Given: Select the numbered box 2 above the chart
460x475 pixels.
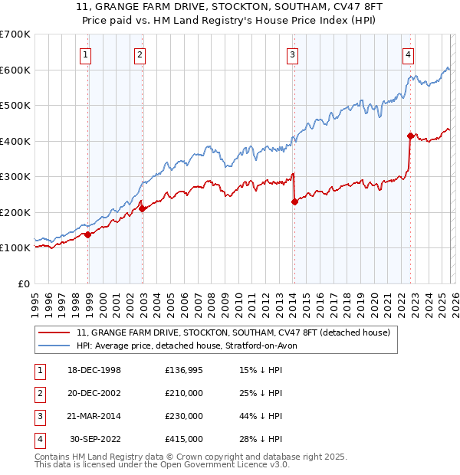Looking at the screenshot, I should pos(140,54).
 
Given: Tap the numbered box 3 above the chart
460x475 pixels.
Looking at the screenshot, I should pos(292,54).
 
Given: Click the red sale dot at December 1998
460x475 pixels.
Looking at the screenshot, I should pos(88,235).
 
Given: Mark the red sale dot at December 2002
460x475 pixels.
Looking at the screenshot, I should pos(143,209).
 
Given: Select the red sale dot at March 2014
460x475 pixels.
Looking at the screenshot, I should pos(294,202).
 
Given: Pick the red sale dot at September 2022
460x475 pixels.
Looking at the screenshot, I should pos(410,136).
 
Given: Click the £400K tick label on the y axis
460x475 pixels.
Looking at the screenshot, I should pos(15,141).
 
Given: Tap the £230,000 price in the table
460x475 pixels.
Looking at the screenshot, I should pos(184,416).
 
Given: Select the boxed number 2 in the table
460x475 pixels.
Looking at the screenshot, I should pos(39,393).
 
